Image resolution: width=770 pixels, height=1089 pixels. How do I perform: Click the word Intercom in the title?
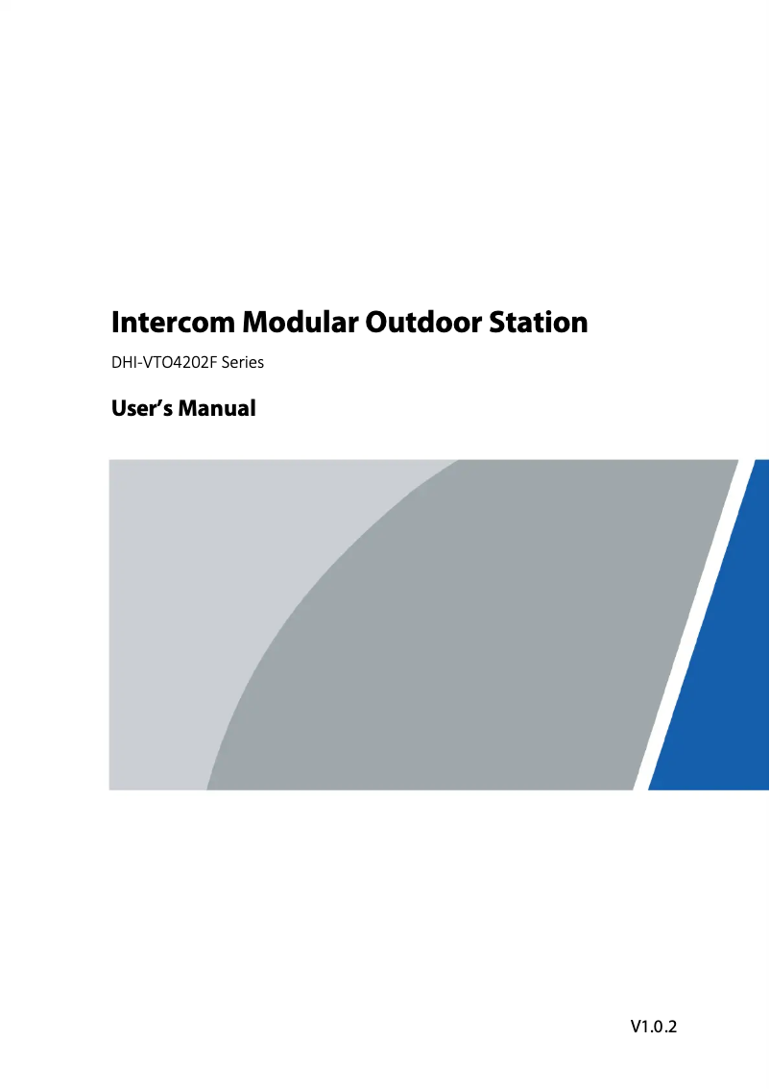[174, 323]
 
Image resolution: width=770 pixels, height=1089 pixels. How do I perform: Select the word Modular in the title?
[300, 323]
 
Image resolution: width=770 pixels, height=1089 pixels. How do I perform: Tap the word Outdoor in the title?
[423, 323]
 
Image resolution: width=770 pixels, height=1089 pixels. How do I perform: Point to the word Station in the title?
[538, 323]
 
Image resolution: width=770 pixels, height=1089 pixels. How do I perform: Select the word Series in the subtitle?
[242, 363]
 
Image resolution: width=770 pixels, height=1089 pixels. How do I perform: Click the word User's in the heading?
[142, 408]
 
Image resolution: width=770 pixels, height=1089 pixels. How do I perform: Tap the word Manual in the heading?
[217, 408]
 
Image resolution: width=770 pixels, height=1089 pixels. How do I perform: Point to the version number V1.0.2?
[654, 1027]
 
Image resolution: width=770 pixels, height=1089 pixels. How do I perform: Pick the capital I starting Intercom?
[116, 323]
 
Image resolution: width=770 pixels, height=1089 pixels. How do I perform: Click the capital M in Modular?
[255, 323]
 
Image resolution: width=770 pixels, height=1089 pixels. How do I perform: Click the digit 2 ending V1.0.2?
[671, 1027]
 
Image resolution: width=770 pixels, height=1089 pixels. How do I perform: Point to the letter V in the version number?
[637, 1027]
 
